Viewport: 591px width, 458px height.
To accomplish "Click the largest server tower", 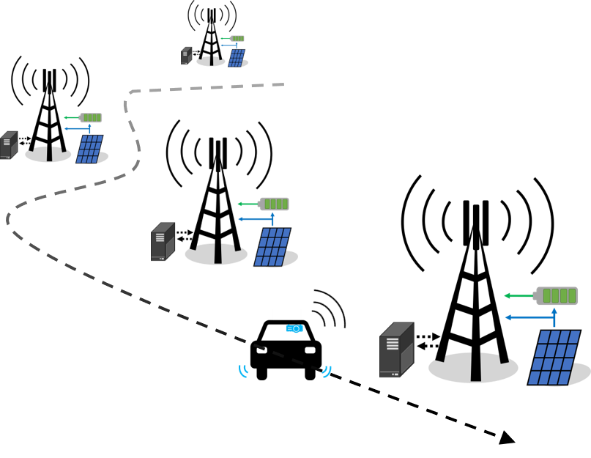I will (x=396, y=350).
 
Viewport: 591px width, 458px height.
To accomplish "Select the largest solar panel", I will (x=554, y=358).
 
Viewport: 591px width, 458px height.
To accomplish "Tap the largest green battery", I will (x=557, y=295).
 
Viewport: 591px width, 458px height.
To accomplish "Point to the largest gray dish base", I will (x=473, y=367).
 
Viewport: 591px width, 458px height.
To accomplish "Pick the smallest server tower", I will (x=186, y=56).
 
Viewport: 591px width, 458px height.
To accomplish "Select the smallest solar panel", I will (x=236, y=59).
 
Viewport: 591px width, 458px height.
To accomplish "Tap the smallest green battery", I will (x=237, y=38).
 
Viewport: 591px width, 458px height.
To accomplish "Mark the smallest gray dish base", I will (x=211, y=62).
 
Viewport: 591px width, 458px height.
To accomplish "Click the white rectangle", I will (x=286, y=314).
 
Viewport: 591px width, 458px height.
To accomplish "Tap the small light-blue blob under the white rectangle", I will (x=294, y=328).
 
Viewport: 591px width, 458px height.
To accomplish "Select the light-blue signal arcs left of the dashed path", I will (x=243, y=372).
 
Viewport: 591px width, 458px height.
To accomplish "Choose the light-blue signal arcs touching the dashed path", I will (x=327, y=372).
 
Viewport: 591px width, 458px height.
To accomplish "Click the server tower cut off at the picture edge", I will (x=8, y=145).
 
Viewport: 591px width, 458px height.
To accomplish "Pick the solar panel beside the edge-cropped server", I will (x=89, y=149).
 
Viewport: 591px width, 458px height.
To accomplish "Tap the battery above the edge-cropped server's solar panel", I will (x=91, y=117).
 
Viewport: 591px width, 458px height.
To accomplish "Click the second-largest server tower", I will (x=163, y=242).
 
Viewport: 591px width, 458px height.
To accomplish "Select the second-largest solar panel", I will (x=272, y=248).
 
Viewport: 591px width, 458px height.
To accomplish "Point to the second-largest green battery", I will (x=275, y=204).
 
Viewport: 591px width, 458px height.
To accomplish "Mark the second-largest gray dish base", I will (x=216, y=254).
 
